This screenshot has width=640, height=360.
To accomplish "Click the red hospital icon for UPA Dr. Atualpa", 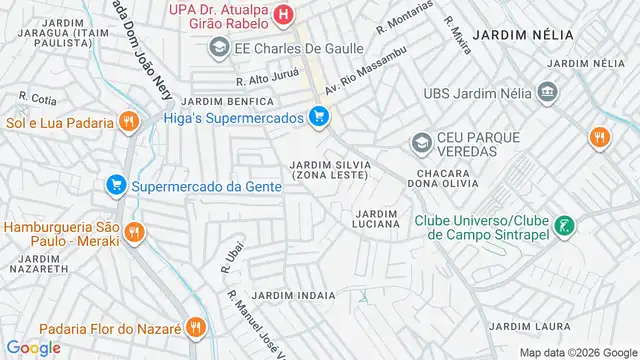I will coord(284,14).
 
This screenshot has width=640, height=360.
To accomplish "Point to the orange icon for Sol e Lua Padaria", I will coord(127,122).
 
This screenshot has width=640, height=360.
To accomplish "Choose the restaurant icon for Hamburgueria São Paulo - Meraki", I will coord(133,233).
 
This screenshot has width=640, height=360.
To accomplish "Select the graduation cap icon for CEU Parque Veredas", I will coord(421,143).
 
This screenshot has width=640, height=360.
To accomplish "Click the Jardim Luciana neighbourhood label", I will coord(377,218).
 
